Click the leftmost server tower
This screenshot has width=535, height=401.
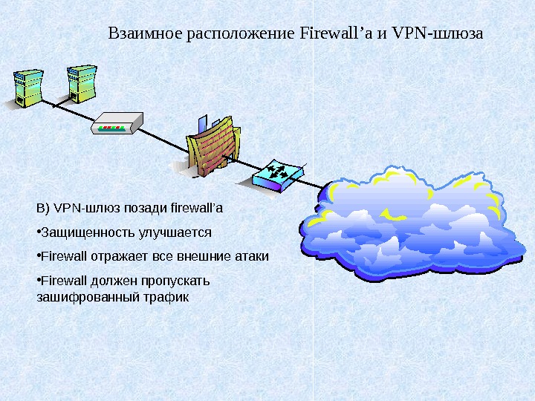pos(25,88)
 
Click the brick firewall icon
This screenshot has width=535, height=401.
pos(212,146)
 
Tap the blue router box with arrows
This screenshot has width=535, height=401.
pos(278,175)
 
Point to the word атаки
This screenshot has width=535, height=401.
pos(252,257)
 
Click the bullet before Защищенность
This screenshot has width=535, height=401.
pos(38,232)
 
